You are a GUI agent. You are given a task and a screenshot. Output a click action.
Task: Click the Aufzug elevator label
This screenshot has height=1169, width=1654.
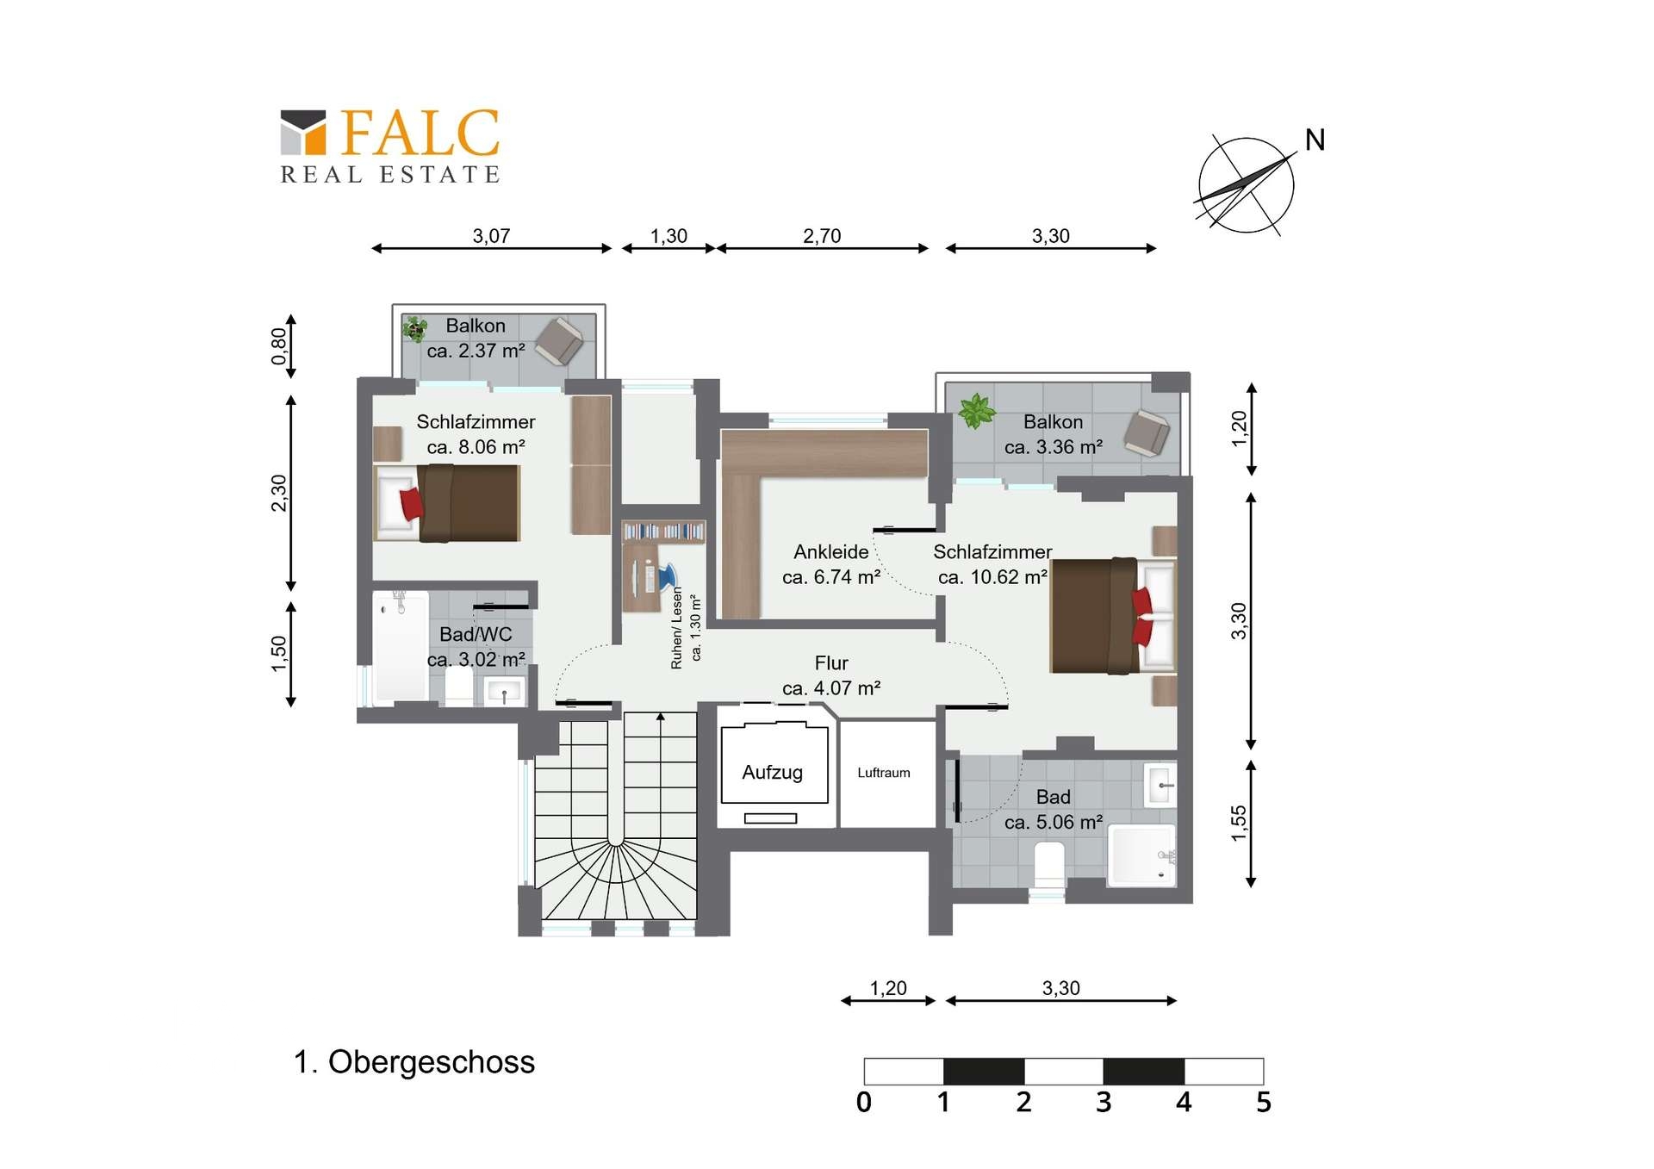coord(772,773)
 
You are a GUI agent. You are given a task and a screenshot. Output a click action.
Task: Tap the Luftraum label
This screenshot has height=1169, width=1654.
coord(883,773)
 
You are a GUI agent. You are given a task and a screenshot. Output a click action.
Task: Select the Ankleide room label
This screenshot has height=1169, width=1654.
coord(831,552)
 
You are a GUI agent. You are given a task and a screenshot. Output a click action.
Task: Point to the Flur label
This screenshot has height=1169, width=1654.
coord(831,663)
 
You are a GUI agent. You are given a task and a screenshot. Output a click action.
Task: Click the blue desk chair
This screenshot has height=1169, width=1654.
coord(668,576)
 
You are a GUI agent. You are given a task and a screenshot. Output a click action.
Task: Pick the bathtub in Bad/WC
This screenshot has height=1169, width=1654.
coord(401,646)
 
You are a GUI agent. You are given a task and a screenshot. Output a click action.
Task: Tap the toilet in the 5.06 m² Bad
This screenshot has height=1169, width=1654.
coord(1048,864)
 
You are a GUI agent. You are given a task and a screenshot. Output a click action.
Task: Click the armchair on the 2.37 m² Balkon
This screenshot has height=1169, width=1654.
coord(560,341)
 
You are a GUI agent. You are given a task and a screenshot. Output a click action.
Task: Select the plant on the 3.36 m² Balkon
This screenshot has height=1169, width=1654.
coord(976,411)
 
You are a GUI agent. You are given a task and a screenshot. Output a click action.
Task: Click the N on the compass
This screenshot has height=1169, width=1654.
coord(1315,140)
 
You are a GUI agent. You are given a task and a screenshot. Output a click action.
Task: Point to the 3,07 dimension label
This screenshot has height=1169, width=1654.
coord(491,236)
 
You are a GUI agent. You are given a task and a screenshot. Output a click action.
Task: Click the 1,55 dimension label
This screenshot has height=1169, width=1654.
coord(1239,824)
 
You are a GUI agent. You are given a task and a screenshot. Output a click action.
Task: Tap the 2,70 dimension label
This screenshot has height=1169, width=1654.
coord(822,236)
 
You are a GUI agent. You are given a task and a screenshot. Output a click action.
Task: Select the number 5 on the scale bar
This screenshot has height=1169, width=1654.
coord(1263,1102)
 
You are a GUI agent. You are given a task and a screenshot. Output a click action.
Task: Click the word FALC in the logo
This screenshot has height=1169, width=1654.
coord(420,133)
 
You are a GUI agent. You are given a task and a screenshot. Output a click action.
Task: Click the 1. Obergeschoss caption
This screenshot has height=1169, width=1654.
coord(414,1062)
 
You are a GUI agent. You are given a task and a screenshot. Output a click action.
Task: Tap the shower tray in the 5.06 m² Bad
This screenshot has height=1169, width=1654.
coord(1141,855)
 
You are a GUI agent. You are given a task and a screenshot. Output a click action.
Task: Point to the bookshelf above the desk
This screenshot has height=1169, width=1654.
coord(663,531)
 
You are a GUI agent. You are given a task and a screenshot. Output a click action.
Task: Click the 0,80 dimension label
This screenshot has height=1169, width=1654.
coord(279,346)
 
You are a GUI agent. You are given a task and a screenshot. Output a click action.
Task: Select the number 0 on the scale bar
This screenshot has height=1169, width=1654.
coord(864,1102)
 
